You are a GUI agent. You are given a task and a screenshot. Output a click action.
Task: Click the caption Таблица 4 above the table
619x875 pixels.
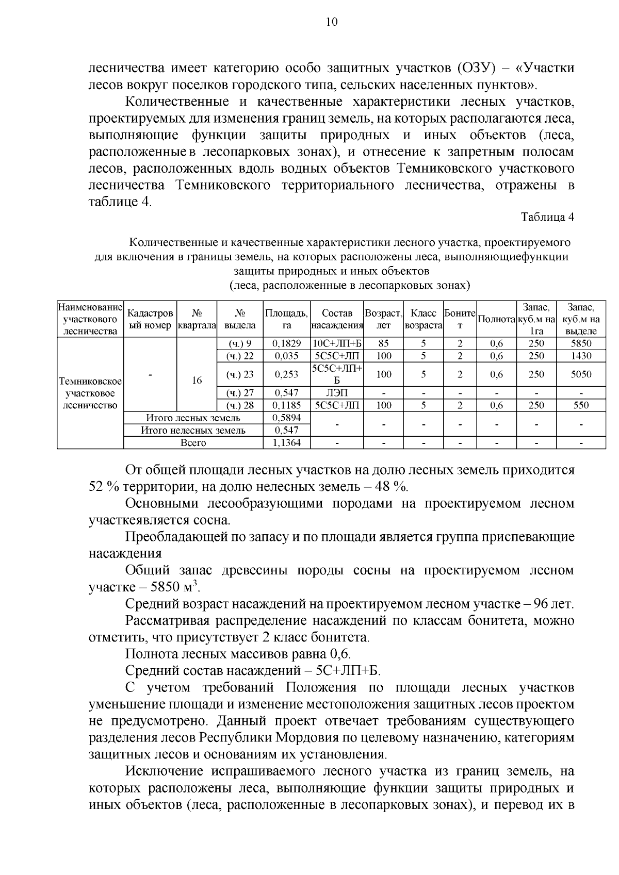[x=547, y=217]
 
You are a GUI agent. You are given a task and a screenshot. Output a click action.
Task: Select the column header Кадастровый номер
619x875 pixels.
[x=150, y=319]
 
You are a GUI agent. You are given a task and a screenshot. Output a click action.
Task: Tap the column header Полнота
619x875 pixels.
[x=497, y=319]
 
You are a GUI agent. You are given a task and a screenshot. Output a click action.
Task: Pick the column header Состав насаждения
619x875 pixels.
[x=337, y=319]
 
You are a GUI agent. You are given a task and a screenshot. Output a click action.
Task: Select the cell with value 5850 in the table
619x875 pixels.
[x=581, y=343]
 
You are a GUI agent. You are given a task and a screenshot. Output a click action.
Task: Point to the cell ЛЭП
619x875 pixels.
[x=337, y=393]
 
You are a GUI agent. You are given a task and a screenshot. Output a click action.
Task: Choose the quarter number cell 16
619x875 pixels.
[x=196, y=381]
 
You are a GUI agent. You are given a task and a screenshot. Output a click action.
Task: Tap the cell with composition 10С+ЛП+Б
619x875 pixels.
[x=337, y=343]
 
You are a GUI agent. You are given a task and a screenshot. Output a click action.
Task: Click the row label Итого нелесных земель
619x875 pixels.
[x=193, y=430]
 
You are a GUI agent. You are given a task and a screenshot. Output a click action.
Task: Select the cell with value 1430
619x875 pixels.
[x=581, y=356]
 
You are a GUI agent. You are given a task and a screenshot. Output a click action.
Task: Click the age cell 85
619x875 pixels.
[x=383, y=343]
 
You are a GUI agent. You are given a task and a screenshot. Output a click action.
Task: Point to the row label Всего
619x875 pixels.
[x=193, y=443]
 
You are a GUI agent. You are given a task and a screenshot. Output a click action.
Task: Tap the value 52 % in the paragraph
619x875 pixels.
[x=104, y=487]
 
